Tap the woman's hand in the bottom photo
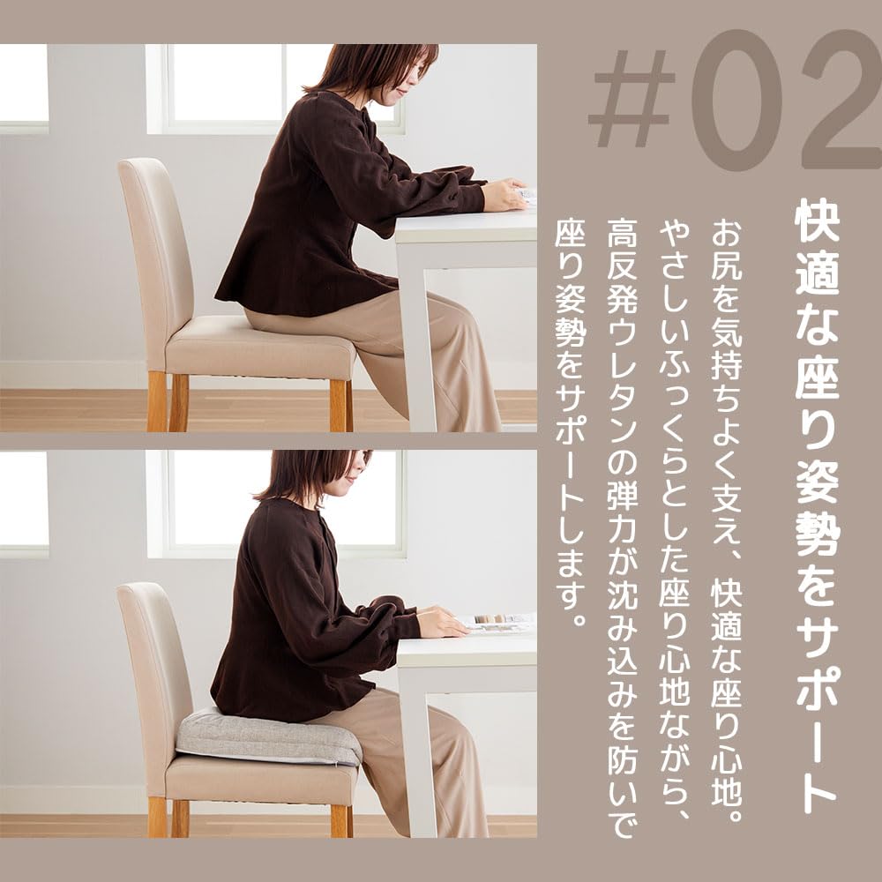click(x=441, y=623)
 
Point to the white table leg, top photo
click(x=415, y=335)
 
